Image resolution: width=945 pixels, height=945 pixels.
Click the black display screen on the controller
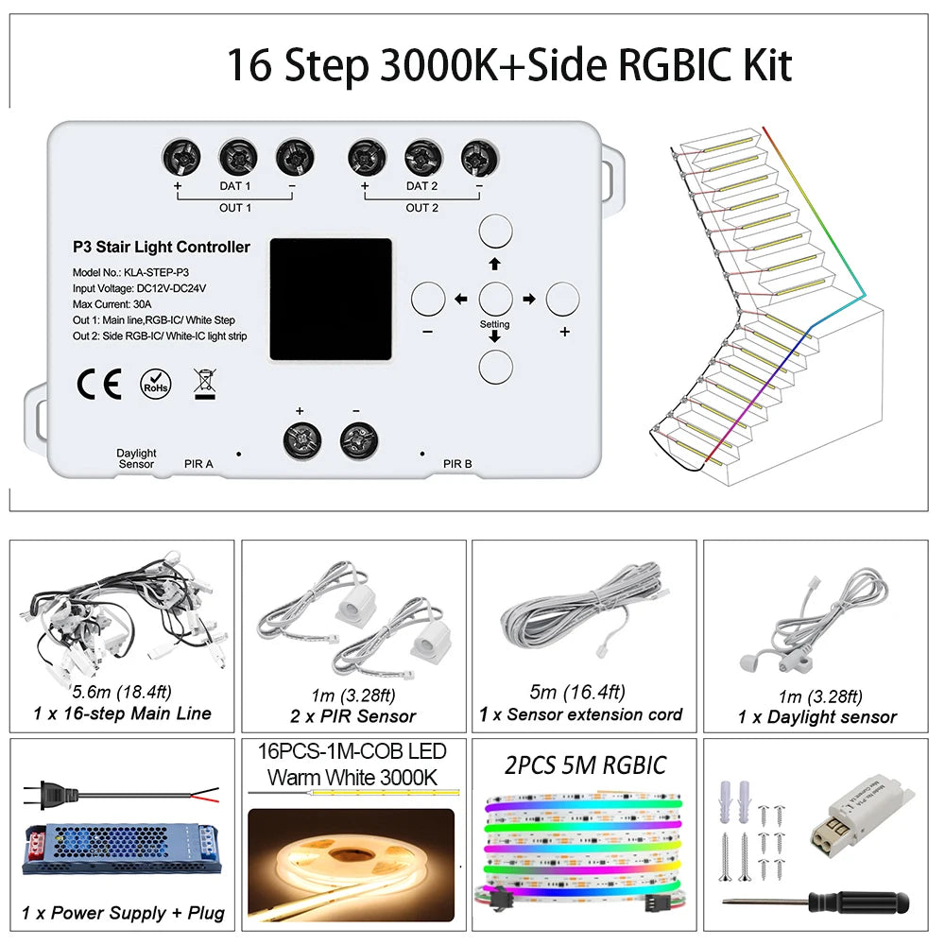tap(331, 299)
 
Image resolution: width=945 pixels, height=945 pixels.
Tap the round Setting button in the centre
tap(495, 299)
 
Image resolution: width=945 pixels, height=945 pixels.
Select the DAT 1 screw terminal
tap(238, 158)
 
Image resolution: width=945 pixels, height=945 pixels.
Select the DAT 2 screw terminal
tap(423, 158)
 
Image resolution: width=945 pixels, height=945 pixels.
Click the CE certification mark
tap(99, 384)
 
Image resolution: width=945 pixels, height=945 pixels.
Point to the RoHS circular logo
tap(156, 384)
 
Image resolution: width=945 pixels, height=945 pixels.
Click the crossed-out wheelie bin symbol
tap(205, 384)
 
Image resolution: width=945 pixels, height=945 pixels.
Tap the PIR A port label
tap(198, 463)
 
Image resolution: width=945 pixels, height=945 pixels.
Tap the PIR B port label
tap(457, 463)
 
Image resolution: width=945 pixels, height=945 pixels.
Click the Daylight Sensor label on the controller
tap(136, 458)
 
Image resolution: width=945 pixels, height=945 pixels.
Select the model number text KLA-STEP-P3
tap(156, 272)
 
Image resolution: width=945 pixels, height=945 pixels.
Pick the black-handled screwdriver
tap(816, 902)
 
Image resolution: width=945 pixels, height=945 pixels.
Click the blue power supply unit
tap(122, 850)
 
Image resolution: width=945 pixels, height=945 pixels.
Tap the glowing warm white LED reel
tap(352, 866)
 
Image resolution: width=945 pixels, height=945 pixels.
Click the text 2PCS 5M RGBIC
tap(585, 765)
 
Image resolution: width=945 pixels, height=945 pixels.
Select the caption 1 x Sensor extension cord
tap(580, 714)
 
